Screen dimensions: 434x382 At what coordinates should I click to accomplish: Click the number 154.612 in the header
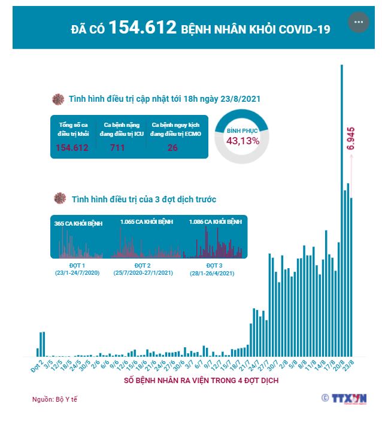[x=143, y=28]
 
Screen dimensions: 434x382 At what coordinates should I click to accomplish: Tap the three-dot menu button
[x=359, y=22]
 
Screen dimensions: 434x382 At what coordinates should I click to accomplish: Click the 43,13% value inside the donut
[x=242, y=141]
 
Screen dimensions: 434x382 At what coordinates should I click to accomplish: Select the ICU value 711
[x=117, y=148]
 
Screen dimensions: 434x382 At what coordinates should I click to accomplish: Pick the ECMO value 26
[x=172, y=148]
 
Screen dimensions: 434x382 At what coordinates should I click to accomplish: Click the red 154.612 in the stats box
[x=72, y=148]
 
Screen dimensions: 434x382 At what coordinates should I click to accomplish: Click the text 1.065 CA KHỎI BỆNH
[x=146, y=222]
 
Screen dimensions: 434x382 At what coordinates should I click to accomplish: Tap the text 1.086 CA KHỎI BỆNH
[x=215, y=222]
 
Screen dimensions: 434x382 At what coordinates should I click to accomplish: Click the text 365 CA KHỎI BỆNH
[x=78, y=223]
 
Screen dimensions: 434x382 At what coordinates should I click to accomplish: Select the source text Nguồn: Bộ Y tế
[x=54, y=399]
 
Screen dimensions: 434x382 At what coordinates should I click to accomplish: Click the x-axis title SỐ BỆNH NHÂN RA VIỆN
[x=201, y=381]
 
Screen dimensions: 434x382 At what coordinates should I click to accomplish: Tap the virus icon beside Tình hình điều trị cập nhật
[x=58, y=99]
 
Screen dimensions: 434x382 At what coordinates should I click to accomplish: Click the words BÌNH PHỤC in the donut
[x=242, y=129]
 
